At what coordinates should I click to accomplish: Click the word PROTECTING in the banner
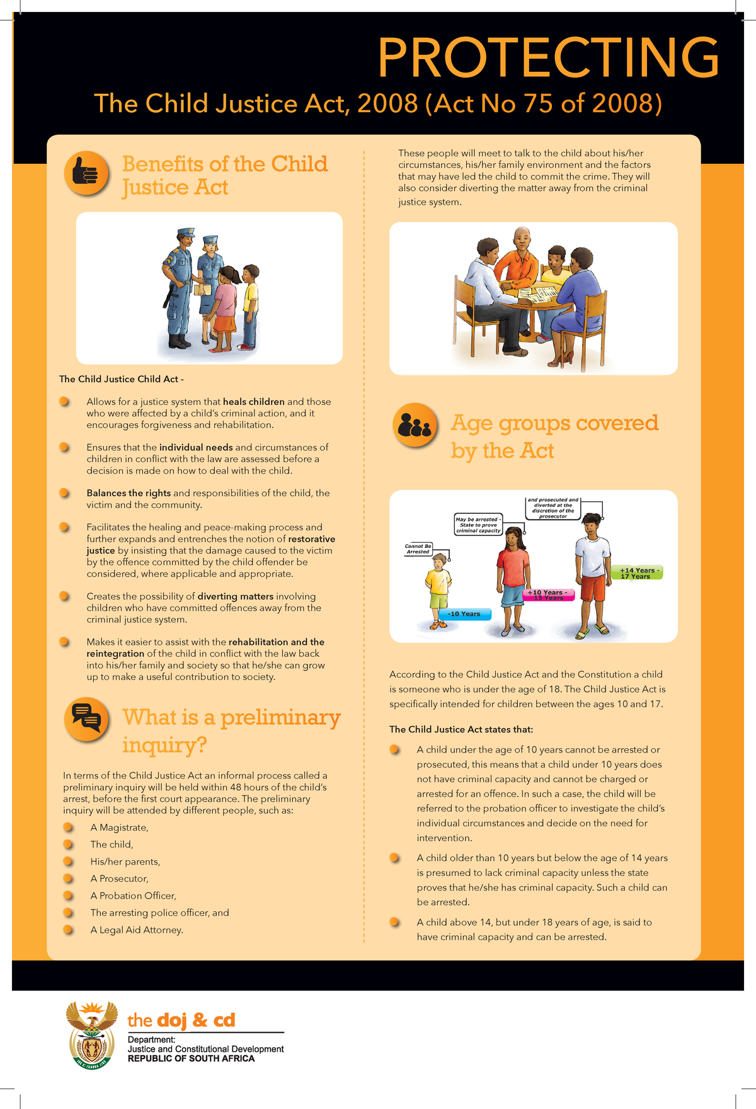click(x=547, y=57)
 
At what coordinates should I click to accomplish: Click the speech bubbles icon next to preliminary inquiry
click(x=86, y=719)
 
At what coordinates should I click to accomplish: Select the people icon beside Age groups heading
click(x=415, y=425)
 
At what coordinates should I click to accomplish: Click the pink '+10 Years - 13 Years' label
click(x=549, y=595)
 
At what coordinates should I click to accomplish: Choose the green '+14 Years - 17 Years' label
click(x=637, y=573)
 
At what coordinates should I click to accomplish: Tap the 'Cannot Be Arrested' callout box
click(x=418, y=549)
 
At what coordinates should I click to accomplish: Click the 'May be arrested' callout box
click(x=478, y=525)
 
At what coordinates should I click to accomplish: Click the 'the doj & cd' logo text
click(x=181, y=1020)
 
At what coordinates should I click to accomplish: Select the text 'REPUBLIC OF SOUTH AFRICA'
click(x=191, y=1059)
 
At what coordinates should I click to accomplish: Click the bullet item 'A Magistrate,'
click(x=119, y=827)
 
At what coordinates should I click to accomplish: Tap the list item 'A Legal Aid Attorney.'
click(x=137, y=930)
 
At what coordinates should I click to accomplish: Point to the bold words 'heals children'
click(x=253, y=402)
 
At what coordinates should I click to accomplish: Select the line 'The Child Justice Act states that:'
click(x=461, y=729)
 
